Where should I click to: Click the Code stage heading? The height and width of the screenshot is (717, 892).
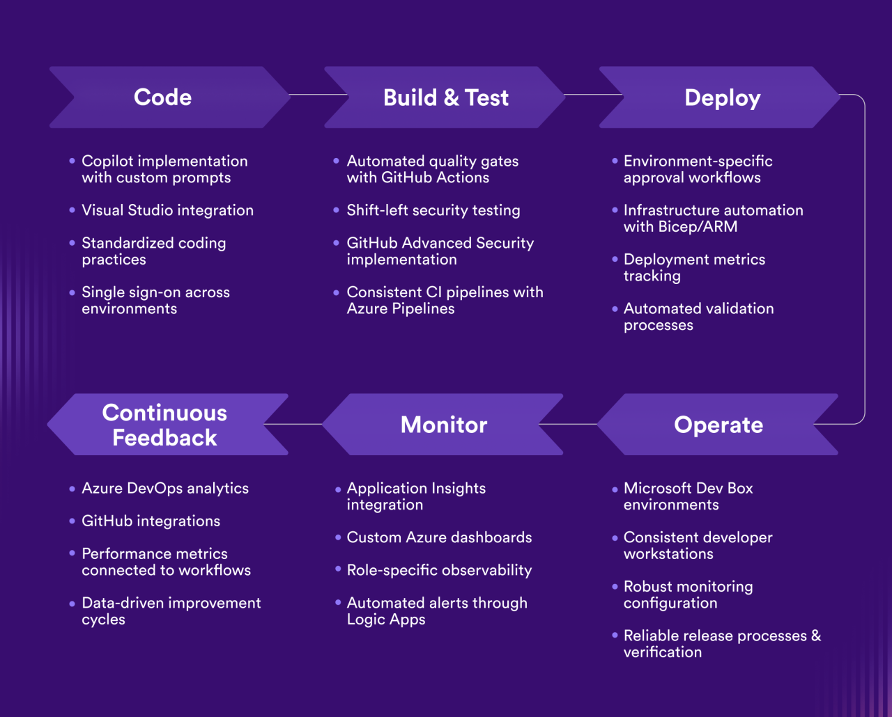pos(162,97)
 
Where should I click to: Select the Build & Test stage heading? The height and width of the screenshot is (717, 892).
pos(446,97)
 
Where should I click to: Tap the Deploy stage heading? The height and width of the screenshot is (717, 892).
pos(722,97)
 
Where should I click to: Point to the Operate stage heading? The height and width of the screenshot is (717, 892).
pos(718,425)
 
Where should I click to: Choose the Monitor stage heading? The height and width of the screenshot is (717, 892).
pos(444,425)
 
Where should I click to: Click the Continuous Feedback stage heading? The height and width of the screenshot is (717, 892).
pos(164,425)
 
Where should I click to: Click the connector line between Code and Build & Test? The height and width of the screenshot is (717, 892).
pos(317,95)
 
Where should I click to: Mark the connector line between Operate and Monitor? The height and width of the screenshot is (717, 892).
pos(568,424)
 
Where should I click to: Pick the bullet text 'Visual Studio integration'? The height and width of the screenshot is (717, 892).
pos(167,210)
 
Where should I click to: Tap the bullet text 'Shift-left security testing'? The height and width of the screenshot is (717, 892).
pos(433,210)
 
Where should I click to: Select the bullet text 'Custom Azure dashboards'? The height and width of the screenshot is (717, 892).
pos(439,537)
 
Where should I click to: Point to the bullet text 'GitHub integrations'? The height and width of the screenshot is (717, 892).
pos(151,521)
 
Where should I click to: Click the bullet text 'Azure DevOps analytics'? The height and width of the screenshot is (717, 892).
pos(165,488)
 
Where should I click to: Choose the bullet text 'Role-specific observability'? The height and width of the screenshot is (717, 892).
pos(439,570)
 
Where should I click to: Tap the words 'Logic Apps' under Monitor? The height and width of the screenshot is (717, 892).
pos(386,620)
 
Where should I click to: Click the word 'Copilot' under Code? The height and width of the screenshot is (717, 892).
pos(107,161)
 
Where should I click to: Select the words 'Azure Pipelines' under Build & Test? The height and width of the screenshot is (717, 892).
pos(401,308)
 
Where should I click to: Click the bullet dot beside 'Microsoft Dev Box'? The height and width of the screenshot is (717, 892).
pos(615,489)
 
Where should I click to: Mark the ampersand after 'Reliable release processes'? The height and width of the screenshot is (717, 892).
pos(816,636)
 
